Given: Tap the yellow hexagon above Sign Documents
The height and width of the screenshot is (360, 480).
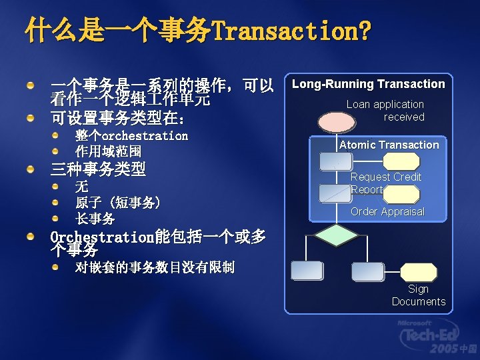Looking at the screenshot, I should click(x=413, y=272).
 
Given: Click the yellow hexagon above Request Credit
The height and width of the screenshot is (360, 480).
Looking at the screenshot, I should click(x=401, y=161).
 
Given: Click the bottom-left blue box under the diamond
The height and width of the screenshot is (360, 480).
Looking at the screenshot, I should click(x=307, y=270).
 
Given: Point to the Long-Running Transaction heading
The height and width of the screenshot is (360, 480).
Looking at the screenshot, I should click(x=368, y=84).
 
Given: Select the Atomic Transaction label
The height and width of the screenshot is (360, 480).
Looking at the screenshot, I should click(x=389, y=145).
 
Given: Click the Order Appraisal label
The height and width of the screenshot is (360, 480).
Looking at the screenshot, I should click(x=387, y=211).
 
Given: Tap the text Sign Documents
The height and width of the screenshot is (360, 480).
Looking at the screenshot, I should click(x=418, y=295).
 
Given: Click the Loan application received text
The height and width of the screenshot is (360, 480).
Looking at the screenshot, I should click(x=385, y=111).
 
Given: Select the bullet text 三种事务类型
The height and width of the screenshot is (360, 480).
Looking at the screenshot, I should click(x=98, y=169).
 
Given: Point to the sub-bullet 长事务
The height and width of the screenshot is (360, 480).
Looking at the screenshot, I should click(x=95, y=219).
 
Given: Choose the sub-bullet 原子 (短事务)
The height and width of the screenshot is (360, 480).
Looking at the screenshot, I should click(x=118, y=202).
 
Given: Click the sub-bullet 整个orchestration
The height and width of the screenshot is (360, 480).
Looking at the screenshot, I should click(x=131, y=135).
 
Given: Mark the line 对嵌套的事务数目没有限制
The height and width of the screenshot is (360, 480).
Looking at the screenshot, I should click(x=155, y=267).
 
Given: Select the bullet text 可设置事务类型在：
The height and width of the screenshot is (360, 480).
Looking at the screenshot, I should click(x=118, y=119).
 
